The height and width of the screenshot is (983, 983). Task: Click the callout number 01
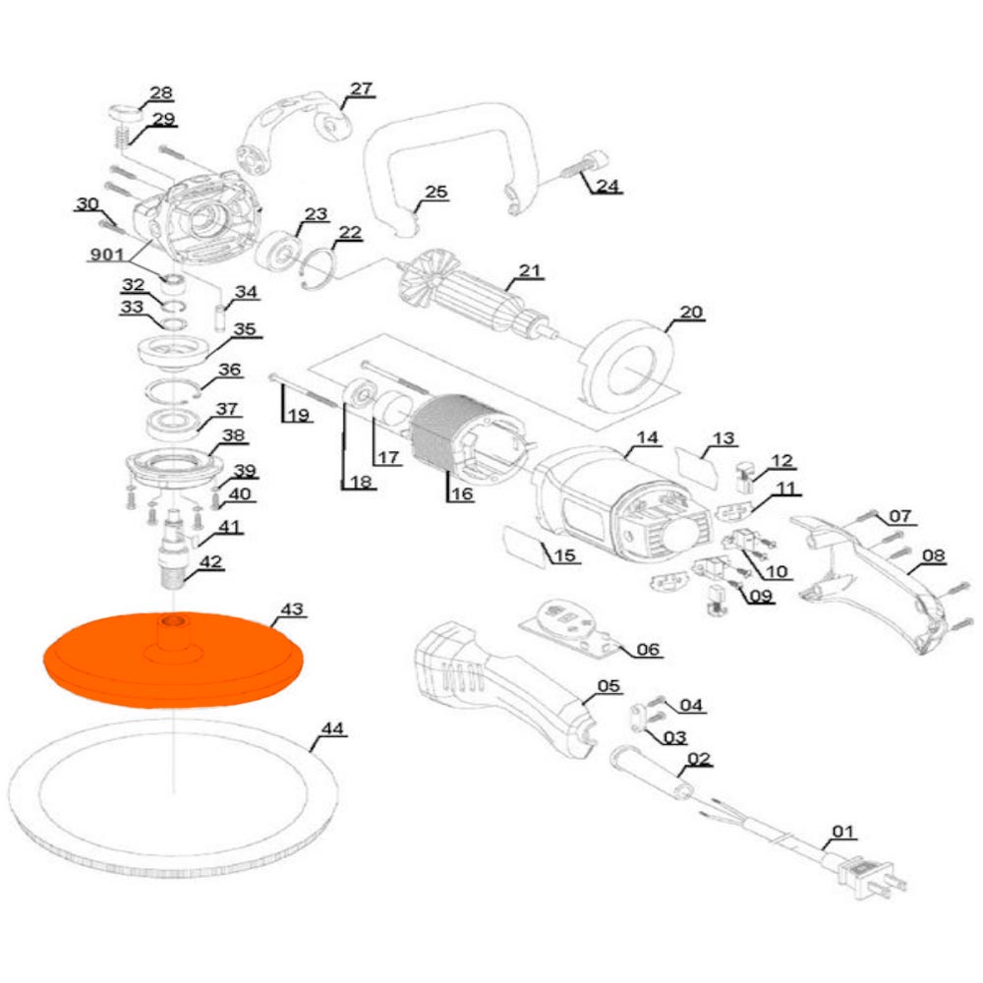[x=843, y=833]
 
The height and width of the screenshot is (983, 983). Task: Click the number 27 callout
[x=361, y=88]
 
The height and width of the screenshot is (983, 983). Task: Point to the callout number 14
[x=646, y=437]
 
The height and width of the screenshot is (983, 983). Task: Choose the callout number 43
[x=292, y=609]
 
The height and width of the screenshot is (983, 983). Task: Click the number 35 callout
[x=243, y=329]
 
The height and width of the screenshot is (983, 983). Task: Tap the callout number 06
[x=649, y=649]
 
